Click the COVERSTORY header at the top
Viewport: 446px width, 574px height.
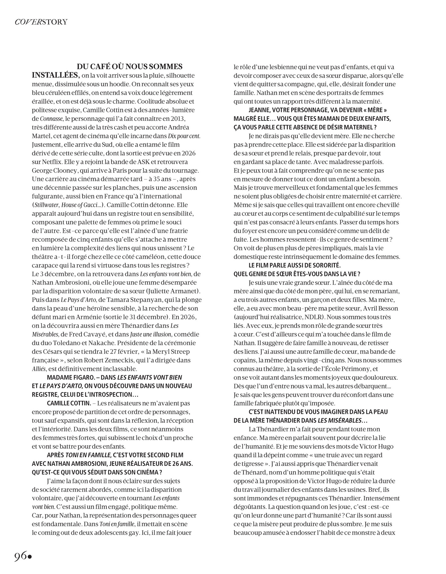41,22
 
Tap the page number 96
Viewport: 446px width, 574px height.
21,556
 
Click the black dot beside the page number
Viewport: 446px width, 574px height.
30,557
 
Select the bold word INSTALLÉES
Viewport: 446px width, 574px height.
55,75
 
